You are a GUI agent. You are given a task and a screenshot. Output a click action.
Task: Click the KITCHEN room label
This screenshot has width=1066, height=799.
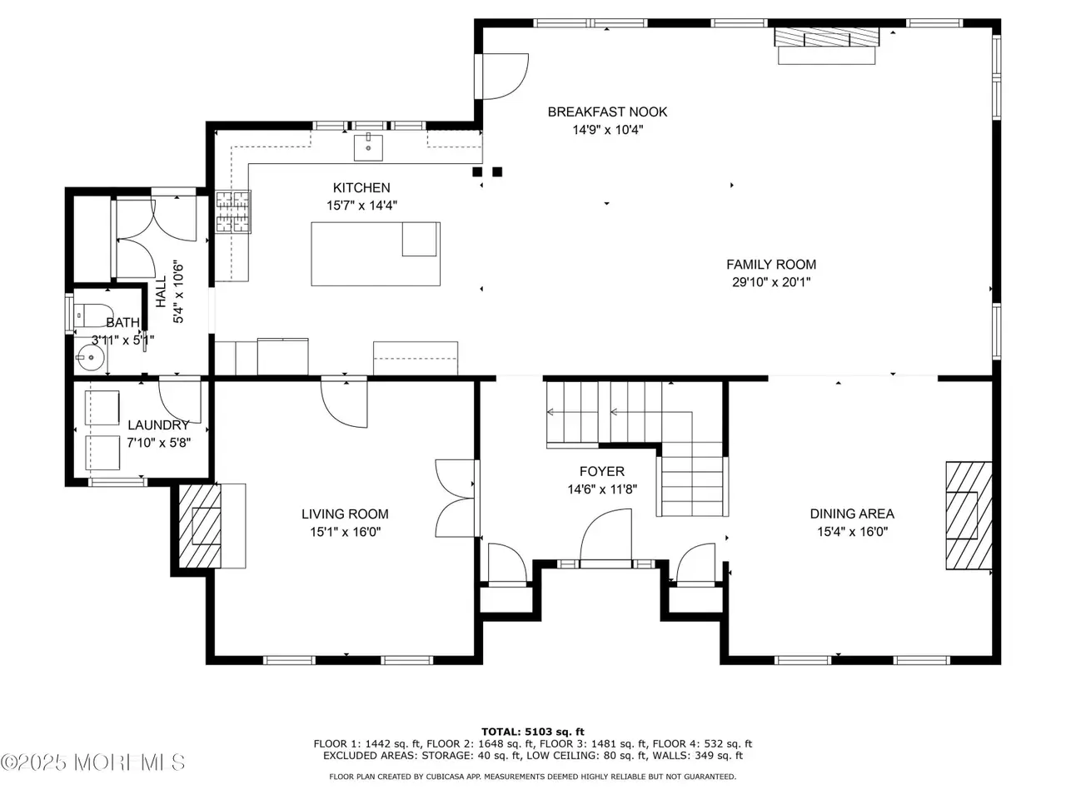point(361,188)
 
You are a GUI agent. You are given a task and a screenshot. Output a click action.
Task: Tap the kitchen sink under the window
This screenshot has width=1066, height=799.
point(368,147)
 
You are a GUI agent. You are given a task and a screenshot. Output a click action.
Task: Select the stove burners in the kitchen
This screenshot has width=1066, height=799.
point(233,211)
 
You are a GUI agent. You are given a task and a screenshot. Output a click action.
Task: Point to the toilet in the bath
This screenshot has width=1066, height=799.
point(92,315)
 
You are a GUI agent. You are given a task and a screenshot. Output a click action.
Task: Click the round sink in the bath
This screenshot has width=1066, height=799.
point(90,358)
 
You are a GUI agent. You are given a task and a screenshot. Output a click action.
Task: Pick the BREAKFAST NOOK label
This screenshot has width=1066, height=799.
point(608,112)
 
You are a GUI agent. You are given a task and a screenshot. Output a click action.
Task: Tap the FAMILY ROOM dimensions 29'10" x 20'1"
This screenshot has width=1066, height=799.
point(771,282)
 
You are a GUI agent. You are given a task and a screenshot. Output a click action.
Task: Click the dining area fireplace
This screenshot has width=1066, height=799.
point(969,515)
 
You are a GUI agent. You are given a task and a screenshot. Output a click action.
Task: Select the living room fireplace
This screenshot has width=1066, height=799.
point(200,526)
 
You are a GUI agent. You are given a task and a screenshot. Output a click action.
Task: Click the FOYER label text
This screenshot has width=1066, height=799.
point(602,472)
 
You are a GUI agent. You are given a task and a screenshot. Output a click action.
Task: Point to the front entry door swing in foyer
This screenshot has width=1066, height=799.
point(605,534)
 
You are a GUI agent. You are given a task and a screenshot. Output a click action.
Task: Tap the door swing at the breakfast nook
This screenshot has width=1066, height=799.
point(505,77)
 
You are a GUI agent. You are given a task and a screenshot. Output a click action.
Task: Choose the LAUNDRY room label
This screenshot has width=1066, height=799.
point(158,425)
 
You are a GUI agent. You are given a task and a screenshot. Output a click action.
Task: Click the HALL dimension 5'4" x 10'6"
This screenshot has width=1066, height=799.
point(178,292)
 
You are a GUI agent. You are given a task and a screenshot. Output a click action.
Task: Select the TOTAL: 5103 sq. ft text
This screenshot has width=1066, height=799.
point(533,732)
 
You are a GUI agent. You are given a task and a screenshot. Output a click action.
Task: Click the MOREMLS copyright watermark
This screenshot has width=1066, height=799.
point(92,762)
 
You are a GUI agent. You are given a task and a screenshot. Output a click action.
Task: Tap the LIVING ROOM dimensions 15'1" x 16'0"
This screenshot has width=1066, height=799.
point(346,532)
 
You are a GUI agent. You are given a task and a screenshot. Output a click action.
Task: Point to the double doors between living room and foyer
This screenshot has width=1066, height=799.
point(455,499)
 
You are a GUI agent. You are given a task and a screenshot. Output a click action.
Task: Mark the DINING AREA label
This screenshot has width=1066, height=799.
point(852,514)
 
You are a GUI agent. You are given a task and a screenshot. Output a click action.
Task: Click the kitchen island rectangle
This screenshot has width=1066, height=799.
point(376,254)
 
